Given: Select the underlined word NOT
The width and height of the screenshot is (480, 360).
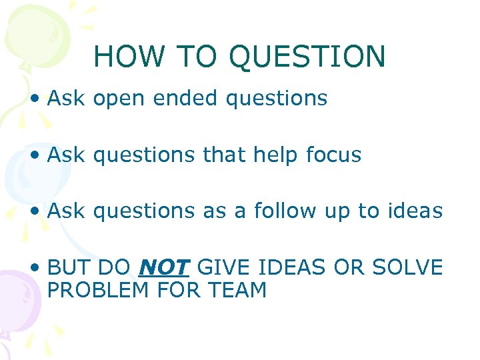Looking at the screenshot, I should (x=164, y=268).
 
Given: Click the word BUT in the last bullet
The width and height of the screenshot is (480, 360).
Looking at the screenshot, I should (x=69, y=268).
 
